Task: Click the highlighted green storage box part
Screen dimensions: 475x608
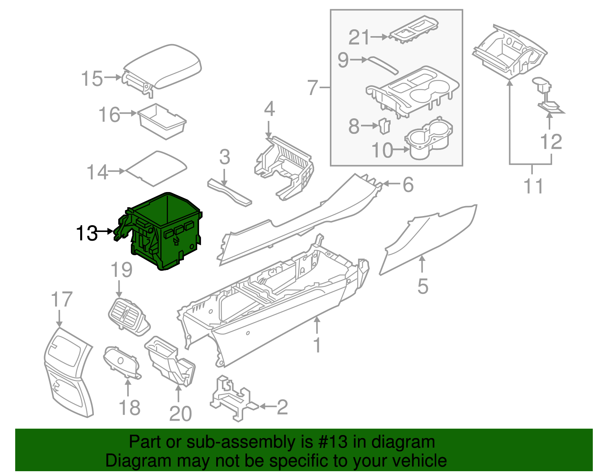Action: point(167,232)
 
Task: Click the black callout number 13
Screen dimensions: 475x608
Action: point(87,233)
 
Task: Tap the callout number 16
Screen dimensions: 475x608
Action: point(109,114)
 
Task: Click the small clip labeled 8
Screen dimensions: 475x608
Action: point(385,126)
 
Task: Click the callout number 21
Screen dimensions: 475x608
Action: point(359,37)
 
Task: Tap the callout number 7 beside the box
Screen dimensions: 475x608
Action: point(312,88)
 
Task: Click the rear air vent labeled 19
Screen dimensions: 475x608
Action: point(128,315)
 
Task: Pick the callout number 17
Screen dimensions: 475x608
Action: point(62,300)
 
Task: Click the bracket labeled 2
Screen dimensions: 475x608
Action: point(230,399)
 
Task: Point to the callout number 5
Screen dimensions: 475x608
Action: point(423,286)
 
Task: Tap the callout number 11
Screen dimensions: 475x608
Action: point(534,186)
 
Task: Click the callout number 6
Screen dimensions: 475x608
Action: point(408,185)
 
